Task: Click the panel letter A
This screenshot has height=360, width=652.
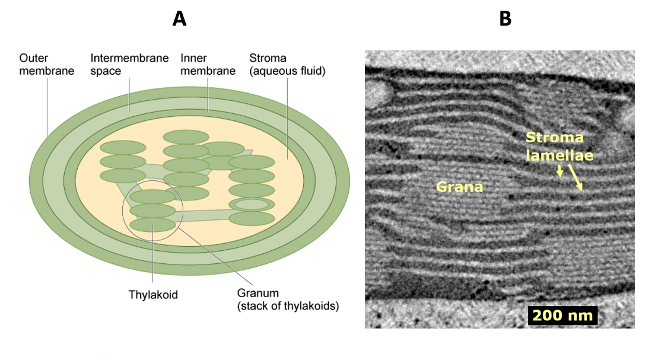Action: click(179, 19)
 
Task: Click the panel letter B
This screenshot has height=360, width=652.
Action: click(505, 19)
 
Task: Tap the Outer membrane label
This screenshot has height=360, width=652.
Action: click(46, 65)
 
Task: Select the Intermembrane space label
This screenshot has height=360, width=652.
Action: click(129, 65)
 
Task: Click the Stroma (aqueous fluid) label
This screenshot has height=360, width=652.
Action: click(287, 65)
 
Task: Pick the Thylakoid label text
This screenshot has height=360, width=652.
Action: click(152, 294)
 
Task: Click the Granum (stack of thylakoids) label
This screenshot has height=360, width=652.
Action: click(288, 300)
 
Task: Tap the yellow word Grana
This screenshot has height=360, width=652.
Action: click(460, 187)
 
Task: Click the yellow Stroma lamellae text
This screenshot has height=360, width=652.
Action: click(559, 146)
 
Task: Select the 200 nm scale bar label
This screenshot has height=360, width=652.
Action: click(563, 315)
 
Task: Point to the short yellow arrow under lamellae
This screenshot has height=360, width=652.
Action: click(559, 171)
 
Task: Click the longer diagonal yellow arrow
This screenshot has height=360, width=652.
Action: click(575, 177)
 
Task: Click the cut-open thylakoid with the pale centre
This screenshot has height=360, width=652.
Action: click(252, 205)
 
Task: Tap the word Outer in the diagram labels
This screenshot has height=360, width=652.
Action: click(33, 58)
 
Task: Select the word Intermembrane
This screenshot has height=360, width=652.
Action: click(129, 58)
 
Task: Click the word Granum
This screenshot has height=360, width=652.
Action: click(257, 293)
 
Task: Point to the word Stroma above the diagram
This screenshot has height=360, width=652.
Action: click(268, 58)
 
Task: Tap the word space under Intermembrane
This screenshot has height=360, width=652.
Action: click(106, 71)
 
